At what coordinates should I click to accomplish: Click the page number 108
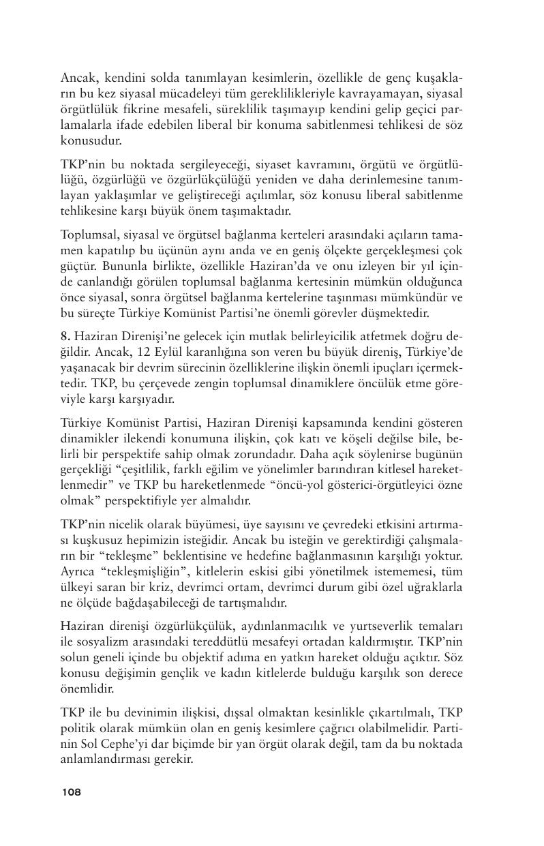click(71, 792)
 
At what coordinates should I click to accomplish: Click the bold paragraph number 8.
click(64, 336)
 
